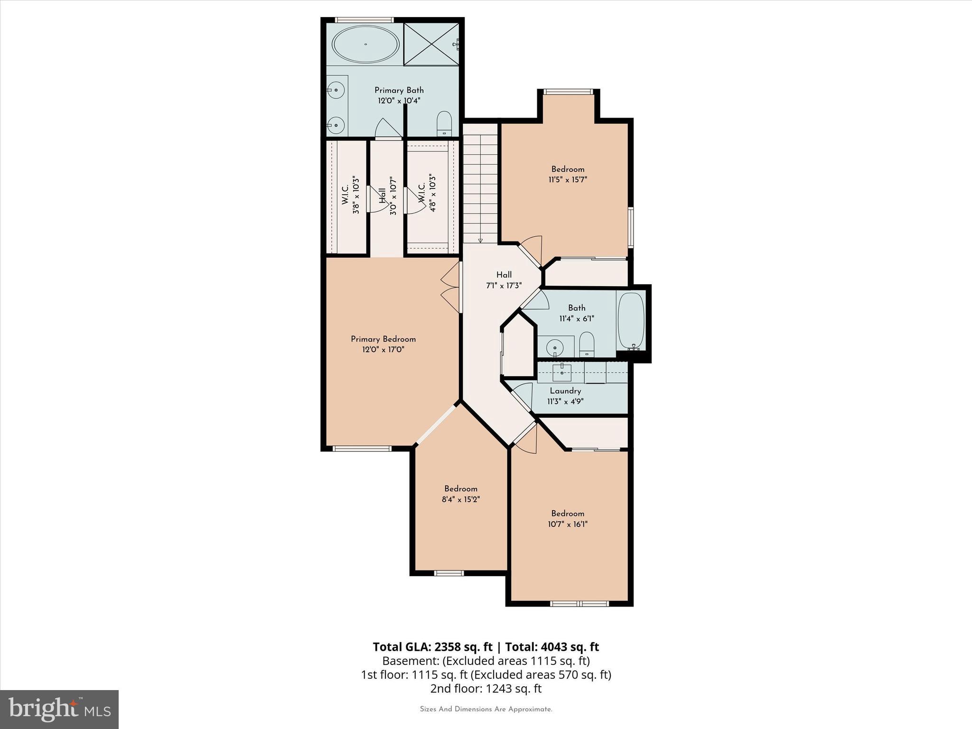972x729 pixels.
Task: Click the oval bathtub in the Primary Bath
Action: pos(365,44)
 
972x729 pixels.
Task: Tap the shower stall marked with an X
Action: pos(430,44)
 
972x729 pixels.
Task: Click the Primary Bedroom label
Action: pos(383,339)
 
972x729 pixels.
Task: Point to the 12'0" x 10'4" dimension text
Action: pos(399,101)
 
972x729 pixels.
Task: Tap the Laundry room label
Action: pos(565,391)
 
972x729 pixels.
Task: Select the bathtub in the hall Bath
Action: pos(631,321)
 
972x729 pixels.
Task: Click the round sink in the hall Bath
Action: pos(554,348)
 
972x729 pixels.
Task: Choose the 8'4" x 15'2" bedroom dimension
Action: pos(460,499)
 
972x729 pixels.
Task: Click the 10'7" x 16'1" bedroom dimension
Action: pos(567,524)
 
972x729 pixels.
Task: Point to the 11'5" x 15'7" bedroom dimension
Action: pos(568,180)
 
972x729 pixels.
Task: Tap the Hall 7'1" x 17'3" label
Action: pos(504,280)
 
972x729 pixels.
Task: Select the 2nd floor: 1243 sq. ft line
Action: pos(486,688)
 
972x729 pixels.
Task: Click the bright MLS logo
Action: pos(59,709)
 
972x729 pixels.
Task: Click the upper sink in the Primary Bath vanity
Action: pos(336,89)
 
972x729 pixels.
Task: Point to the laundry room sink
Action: pos(562,372)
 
